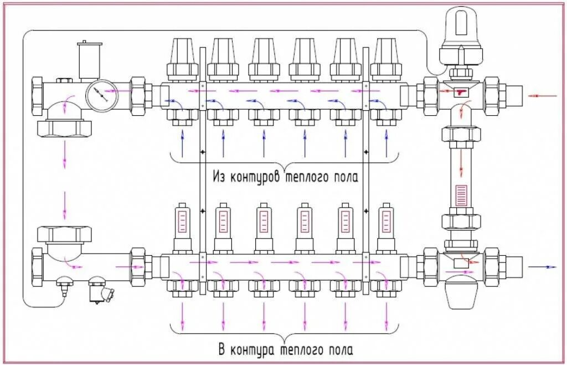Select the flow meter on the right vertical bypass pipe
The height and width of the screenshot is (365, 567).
(x=461, y=197)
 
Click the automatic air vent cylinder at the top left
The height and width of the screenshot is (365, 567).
(x=89, y=60)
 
